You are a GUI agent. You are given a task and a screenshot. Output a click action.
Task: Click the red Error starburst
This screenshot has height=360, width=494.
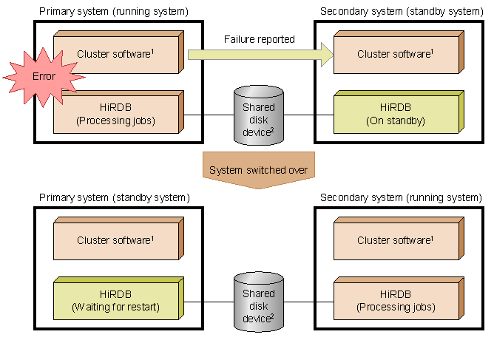pyautogui.click(x=44, y=77)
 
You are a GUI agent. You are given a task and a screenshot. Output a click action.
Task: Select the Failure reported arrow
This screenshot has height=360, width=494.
pyautogui.click(x=260, y=55)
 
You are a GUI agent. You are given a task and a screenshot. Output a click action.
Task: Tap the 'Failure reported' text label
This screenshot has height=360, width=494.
pyautogui.click(x=260, y=39)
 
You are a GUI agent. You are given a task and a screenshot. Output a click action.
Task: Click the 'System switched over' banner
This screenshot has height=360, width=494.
pyautogui.click(x=258, y=170)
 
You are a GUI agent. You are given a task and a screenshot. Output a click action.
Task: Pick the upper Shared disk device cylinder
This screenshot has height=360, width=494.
pyautogui.click(x=259, y=115)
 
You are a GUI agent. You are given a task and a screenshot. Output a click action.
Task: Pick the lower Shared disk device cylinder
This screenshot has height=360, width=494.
pyautogui.click(x=259, y=302)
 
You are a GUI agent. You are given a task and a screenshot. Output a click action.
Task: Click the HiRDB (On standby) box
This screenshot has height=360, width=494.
pyautogui.click(x=399, y=112)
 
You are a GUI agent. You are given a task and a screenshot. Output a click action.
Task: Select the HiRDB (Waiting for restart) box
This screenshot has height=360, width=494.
pyautogui.click(x=118, y=299)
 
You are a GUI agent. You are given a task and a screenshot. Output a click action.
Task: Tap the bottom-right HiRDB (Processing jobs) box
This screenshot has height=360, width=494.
pyautogui.click(x=399, y=299)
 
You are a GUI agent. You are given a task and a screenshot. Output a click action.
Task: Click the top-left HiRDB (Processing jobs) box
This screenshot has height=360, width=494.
pyautogui.click(x=118, y=112)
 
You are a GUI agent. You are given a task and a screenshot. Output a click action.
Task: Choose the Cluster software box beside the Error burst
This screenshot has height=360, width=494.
pyautogui.click(x=118, y=52)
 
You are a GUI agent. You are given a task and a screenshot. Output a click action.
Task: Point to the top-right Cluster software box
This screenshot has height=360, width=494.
pyautogui.click(x=399, y=52)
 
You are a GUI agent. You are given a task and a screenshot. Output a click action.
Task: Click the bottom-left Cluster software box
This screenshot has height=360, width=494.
pyautogui.click(x=118, y=239)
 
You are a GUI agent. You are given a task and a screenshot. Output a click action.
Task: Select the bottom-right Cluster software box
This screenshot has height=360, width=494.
pyautogui.click(x=399, y=239)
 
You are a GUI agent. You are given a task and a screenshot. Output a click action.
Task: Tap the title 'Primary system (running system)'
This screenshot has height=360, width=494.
pyautogui.click(x=114, y=12)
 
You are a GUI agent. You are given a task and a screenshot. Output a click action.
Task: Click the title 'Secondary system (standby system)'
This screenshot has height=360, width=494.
pyautogui.click(x=402, y=12)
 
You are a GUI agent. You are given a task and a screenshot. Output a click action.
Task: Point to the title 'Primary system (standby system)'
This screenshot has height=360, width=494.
pyautogui.click(x=115, y=198)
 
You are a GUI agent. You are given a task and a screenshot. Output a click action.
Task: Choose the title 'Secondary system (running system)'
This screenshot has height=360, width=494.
pyautogui.click(x=401, y=198)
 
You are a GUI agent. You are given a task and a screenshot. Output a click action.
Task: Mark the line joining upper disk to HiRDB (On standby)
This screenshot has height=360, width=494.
pyautogui.click(x=309, y=115)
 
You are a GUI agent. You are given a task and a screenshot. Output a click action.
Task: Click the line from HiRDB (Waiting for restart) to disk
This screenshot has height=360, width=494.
pyautogui.click(x=209, y=302)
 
